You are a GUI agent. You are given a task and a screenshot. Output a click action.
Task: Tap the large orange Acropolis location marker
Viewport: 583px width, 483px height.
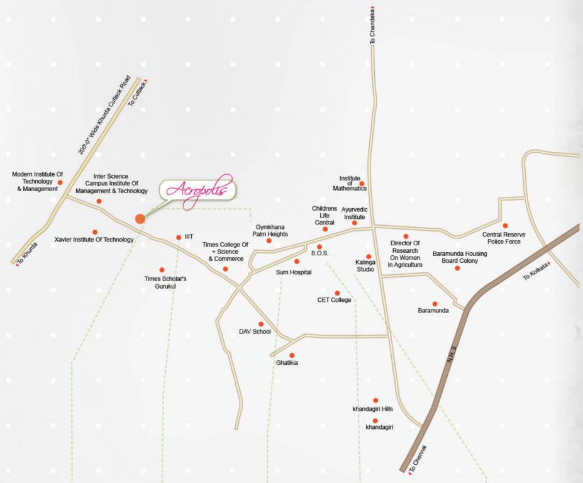(x=140, y=218)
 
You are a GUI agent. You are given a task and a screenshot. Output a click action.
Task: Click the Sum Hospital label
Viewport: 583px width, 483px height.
(x=294, y=272)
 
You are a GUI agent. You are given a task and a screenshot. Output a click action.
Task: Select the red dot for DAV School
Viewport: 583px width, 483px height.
(x=261, y=324)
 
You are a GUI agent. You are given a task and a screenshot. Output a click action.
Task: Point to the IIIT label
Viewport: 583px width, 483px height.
(x=189, y=237)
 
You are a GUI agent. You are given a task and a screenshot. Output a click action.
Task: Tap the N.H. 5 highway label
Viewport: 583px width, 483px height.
(x=450, y=365)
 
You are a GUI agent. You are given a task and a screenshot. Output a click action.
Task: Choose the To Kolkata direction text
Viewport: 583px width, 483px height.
(x=538, y=271)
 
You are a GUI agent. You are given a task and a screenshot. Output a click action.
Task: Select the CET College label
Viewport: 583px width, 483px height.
(x=334, y=300)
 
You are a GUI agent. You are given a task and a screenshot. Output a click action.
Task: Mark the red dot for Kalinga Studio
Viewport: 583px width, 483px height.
(x=369, y=256)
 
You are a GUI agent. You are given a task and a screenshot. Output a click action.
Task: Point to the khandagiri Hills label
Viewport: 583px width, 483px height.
(x=372, y=409)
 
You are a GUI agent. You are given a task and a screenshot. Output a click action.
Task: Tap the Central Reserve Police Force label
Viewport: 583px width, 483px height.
(x=504, y=238)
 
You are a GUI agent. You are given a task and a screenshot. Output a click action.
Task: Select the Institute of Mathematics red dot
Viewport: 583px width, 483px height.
(x=362, y=184)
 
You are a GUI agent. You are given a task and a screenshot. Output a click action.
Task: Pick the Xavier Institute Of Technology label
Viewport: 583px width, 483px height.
(x=94, y=240)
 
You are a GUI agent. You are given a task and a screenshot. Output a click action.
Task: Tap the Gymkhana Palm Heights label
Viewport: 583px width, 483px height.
(x=272, y=230)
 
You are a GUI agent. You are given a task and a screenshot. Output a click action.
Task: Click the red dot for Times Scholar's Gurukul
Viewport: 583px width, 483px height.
(x=162, y=270)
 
